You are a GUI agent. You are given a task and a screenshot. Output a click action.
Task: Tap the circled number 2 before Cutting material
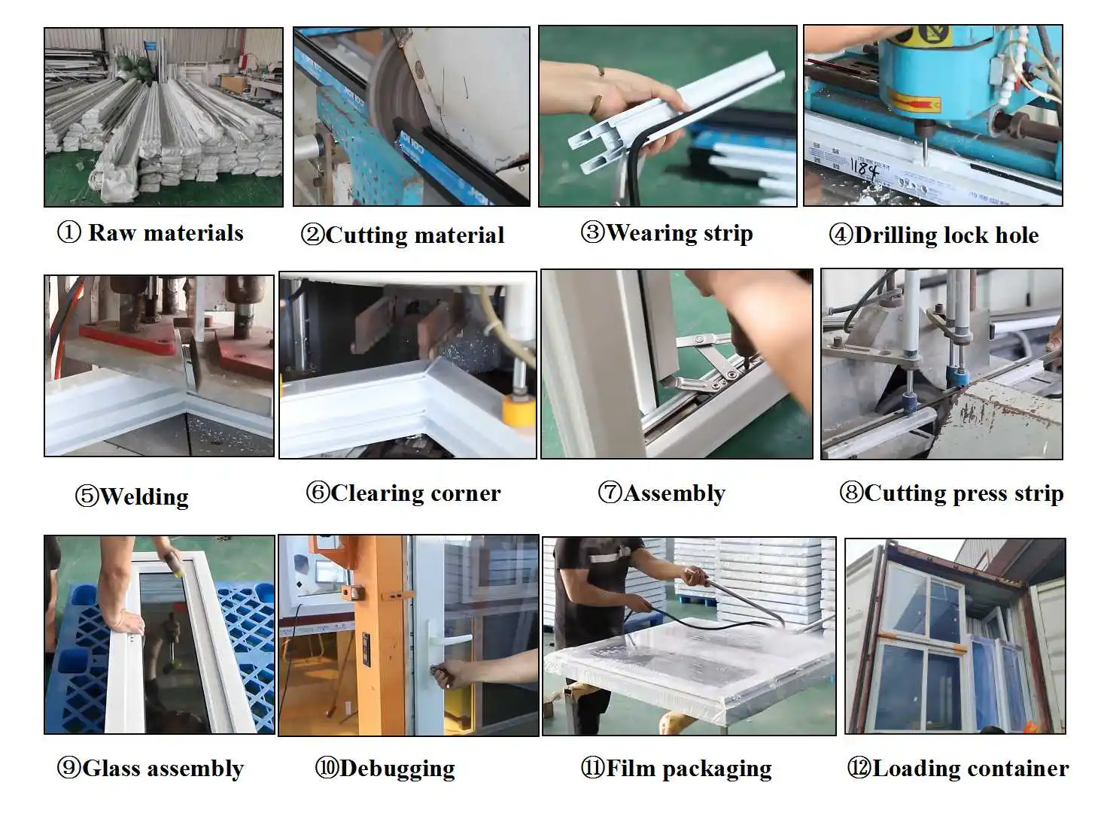pyautogui.click(x=312, y=235)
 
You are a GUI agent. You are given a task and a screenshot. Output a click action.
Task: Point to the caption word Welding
pyautogui.click(x=144, y=496)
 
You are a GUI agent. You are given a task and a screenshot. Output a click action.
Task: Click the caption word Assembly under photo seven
pyautogui.click(x=674, y=493)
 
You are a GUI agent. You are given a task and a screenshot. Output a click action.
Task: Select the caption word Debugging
pyautogui.click(x=397, y=769)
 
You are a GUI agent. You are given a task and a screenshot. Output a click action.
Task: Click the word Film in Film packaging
pyautogui.click(x=631, y=769)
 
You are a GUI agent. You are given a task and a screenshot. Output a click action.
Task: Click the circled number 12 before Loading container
pyautogui.click(x=859, y=769)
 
